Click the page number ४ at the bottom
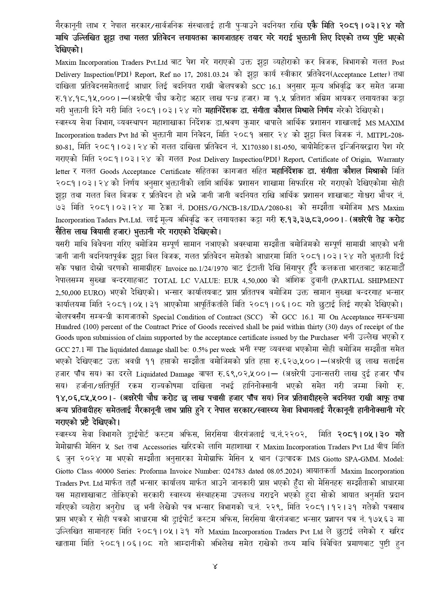pyautogui.click(x=215, y=567)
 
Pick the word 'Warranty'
pyautogui.click(x=390, y=159)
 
